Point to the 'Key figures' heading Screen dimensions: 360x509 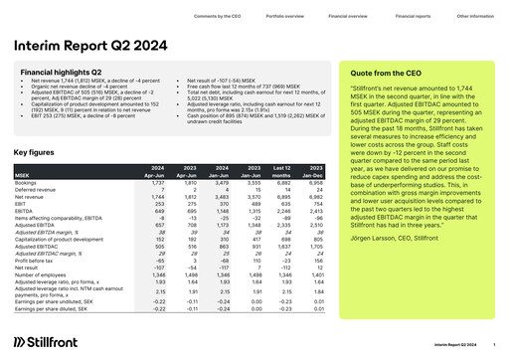(x=36, y=152)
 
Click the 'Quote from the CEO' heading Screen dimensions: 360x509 (x=388, y=74)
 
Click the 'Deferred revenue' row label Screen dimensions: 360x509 (x=35, y=190)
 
